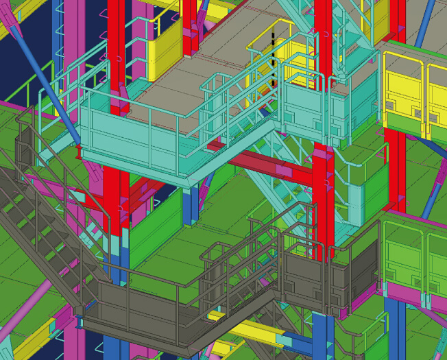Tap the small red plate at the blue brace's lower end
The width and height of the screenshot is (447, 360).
click(79, 143)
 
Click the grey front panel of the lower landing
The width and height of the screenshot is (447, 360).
click(137, 302)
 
